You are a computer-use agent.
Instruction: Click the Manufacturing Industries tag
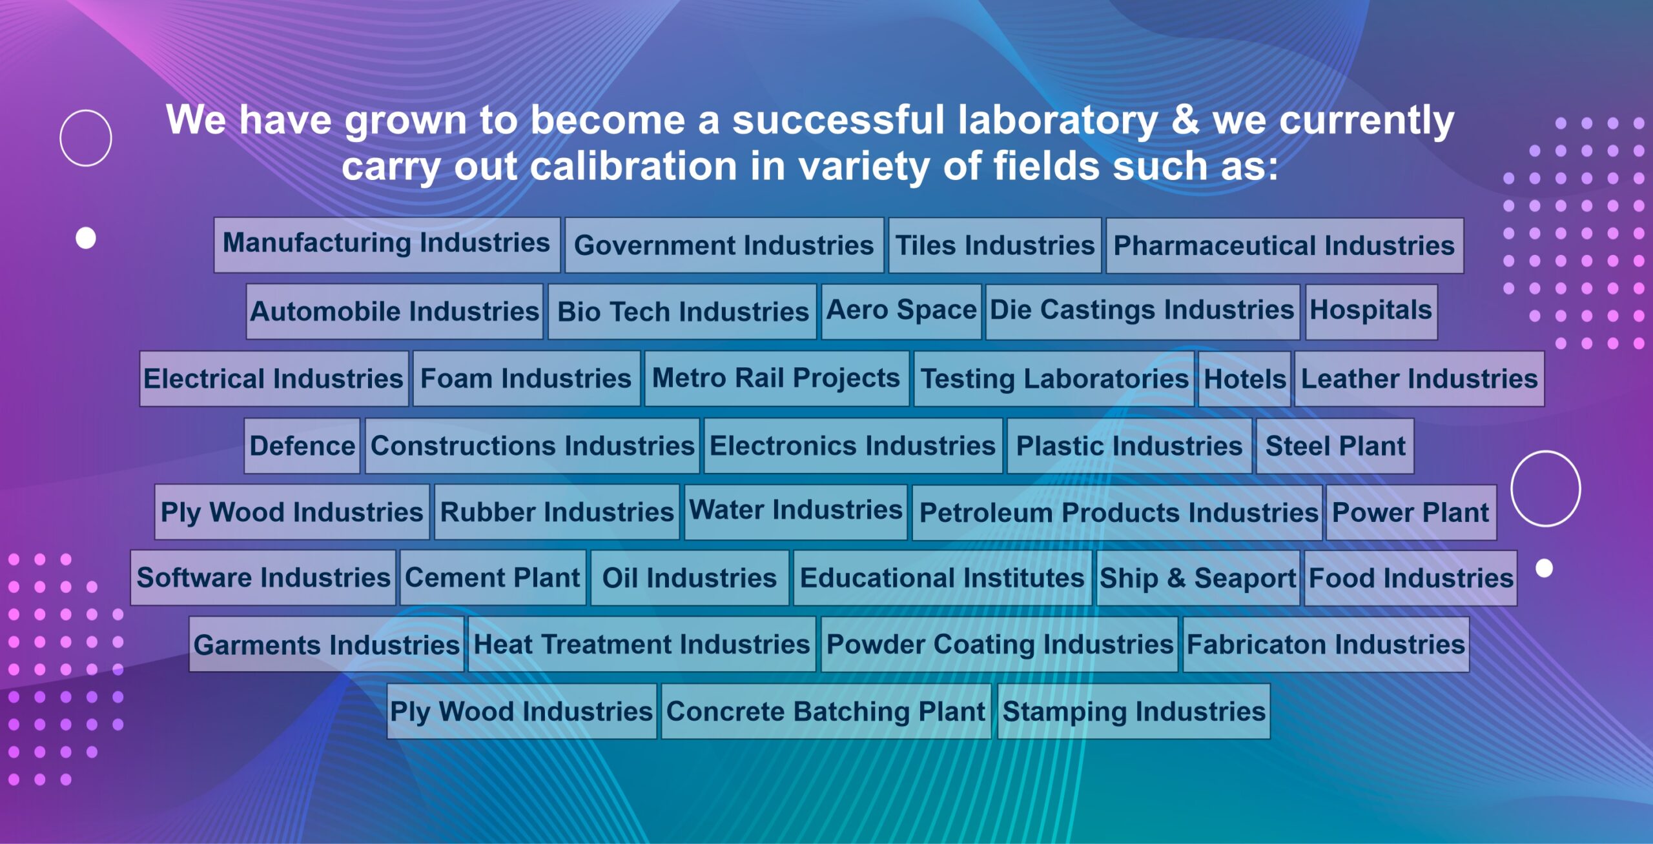click(387, 245)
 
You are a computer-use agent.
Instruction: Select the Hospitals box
click(1371, 312)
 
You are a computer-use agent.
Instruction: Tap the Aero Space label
click(901, 312)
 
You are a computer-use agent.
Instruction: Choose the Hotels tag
click(1244, 379)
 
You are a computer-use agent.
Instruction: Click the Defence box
click(302, 446)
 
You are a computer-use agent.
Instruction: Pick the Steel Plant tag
click(1335, 446)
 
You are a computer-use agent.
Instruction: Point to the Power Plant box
click(1412, 512)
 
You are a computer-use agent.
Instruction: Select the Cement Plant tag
click(493, 578)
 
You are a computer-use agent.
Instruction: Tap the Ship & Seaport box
click(1198, 578)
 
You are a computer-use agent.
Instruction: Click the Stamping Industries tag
click(1134, 711)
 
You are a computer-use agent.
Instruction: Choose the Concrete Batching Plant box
click(826, 711)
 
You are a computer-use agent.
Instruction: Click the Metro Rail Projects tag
click(777, 379)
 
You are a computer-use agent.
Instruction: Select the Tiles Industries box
click(995, 245)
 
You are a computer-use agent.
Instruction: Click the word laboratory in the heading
click(1058, 121)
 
